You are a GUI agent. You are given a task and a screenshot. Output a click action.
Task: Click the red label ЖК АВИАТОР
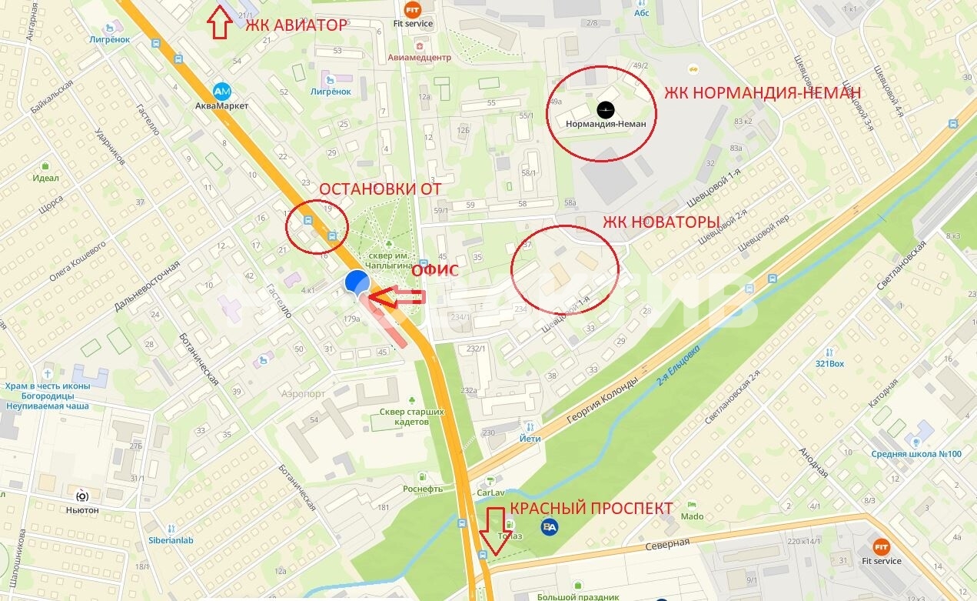point(296,25)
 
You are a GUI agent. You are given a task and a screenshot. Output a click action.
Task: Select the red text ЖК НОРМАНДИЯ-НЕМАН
point(763,93)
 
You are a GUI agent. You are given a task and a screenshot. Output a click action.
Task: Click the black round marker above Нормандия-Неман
point(606,109)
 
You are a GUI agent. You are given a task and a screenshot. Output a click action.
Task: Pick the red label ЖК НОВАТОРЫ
point(660,222)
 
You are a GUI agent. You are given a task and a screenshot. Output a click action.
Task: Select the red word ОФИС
point(435,270)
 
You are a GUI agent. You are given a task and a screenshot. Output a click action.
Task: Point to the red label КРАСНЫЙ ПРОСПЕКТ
point(591,509)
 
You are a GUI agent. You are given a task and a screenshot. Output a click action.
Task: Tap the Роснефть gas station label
point(423,489)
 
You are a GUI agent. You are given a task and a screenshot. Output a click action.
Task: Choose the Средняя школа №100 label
point(916,453)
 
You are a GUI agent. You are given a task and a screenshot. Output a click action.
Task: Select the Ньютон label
point(82,509)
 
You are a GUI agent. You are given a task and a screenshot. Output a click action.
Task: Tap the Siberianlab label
point(171,540)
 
